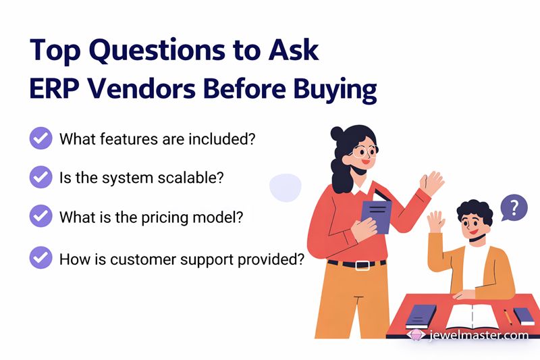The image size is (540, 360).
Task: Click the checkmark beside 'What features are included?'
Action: pyautogui.click(x=41, y=139)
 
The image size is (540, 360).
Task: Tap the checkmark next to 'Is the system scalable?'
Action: pyautogui.click(x=41, y=178)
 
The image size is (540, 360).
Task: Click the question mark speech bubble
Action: pyautogui.click(x=514, y=207)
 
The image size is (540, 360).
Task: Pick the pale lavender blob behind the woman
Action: pyautogui.click(x=285, y=187)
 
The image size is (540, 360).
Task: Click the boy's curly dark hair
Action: pyautogui.click(x=476, y=211)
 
